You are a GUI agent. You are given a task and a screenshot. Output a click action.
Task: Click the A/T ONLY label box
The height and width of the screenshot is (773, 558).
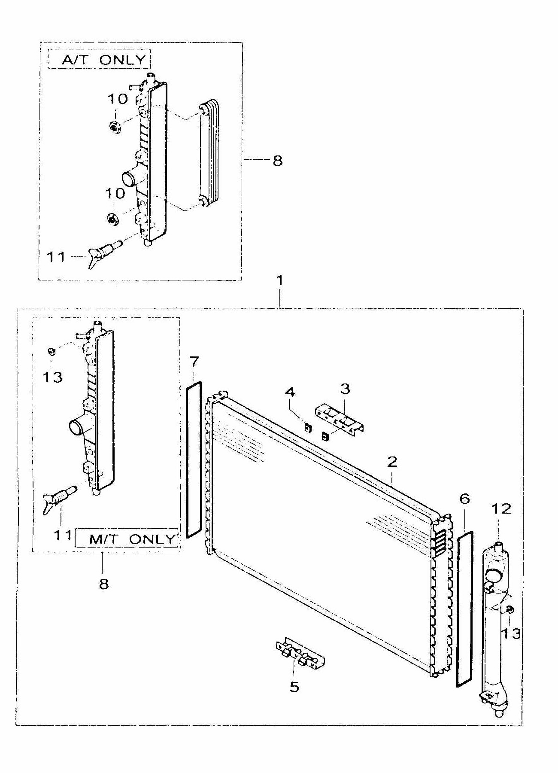point(99,59)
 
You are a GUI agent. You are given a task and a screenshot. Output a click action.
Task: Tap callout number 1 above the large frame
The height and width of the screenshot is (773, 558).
point(280,280)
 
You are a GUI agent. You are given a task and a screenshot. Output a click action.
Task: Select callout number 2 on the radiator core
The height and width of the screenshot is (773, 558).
point(392,462)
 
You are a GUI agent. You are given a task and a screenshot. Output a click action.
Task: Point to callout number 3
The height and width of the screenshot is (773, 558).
point(345,389)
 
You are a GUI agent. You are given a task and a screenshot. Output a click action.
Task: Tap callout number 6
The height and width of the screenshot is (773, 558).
point(464,499)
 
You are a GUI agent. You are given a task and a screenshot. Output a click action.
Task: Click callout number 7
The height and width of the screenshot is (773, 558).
point(194,362)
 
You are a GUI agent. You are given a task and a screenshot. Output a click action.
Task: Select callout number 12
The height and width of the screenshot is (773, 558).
point(501,509)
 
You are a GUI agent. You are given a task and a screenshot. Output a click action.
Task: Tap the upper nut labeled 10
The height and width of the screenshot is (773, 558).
point(114,126)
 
